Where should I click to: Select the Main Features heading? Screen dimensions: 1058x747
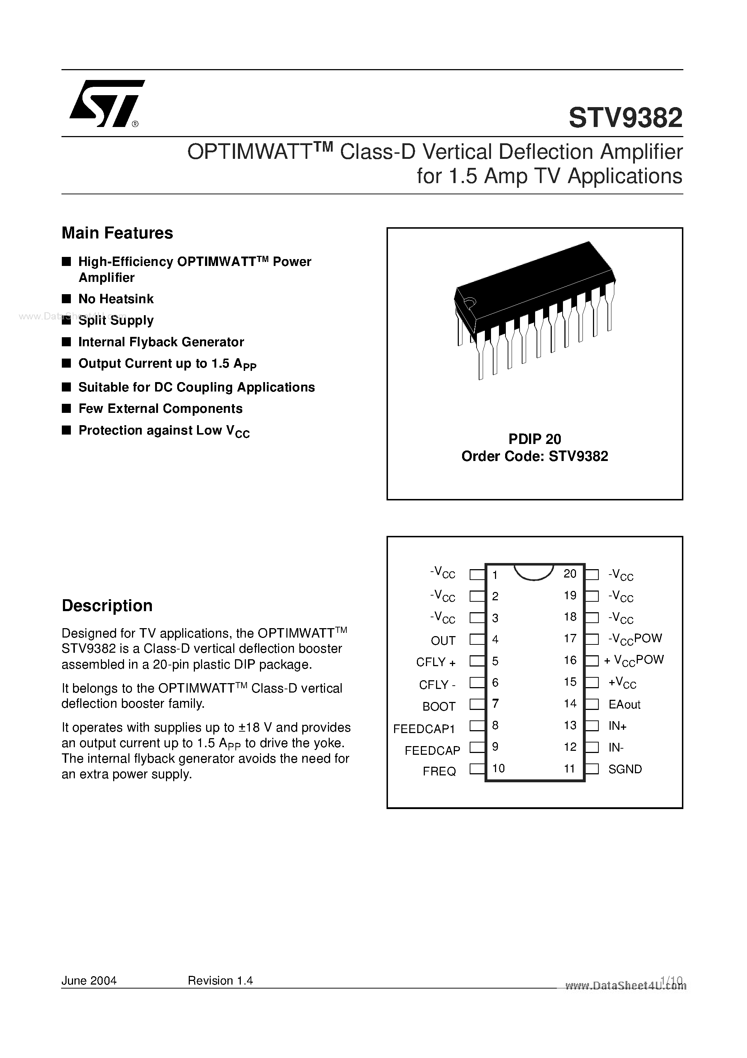click(x=117, y=233)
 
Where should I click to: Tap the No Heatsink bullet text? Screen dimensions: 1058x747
click(x=116, y=299)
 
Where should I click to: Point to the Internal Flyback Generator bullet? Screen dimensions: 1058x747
click(x=161, y=342)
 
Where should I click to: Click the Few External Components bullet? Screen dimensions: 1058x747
click(x=160, y=409)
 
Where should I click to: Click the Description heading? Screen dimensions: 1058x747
click(x=107, y=605)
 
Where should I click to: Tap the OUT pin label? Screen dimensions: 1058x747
click(x=443, y=640)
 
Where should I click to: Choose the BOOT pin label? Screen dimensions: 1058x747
click(x=439, y=706)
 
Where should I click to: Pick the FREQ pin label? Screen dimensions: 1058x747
click(x=439, y=771)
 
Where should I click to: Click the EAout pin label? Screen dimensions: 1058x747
click(x=624, y=704)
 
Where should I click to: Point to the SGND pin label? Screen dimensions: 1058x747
click(x=624, y=769)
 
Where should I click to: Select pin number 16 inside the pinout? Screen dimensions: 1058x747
click(x=570, y=660)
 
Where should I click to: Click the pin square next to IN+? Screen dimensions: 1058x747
click(x=592, y=726)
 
